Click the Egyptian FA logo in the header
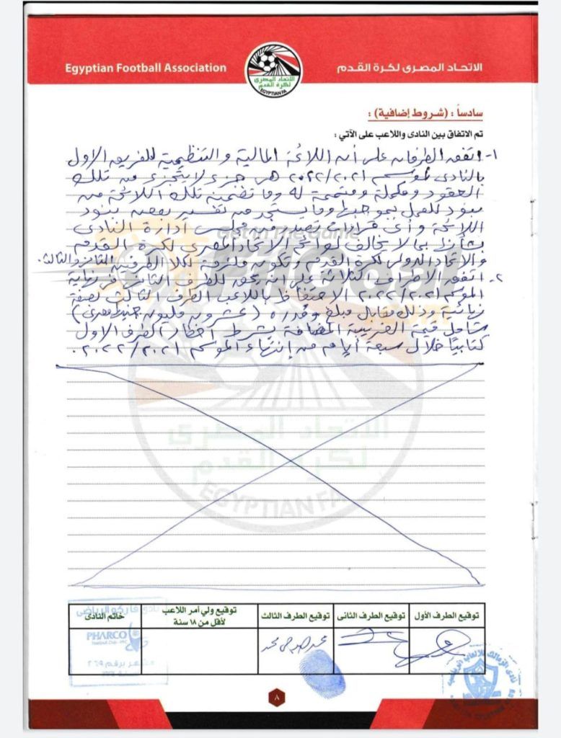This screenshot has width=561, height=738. click(274, 70)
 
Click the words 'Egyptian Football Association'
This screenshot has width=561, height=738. click(146, 68)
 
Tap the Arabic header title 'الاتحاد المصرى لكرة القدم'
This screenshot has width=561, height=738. click(410, 68)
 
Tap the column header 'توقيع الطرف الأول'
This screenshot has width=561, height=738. click(447, 616)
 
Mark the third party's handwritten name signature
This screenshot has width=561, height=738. click(289, 644)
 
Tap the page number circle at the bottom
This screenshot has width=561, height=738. click(278, 698)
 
